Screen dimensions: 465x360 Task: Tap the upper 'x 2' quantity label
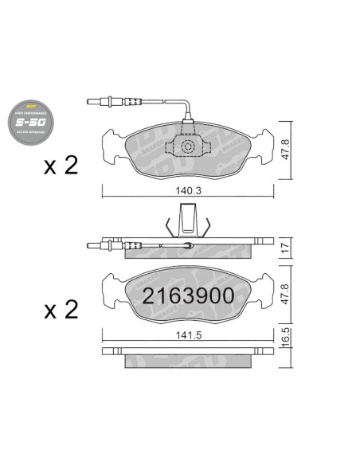(x=61, y=166)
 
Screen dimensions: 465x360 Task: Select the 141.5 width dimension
(x=187, y=334)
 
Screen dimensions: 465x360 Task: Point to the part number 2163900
(x=188, y=296)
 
